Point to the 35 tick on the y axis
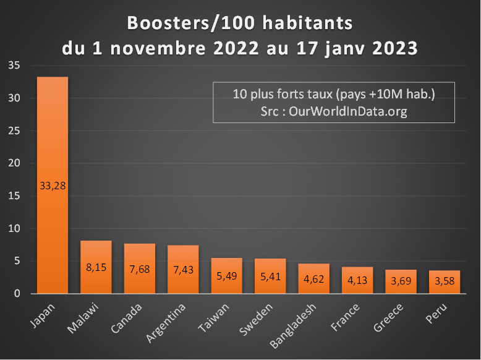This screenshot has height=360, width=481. [x=14, y=66]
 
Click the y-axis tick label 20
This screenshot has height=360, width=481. [x=14, y=163]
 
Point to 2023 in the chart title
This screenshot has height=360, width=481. [x=392, y=48]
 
